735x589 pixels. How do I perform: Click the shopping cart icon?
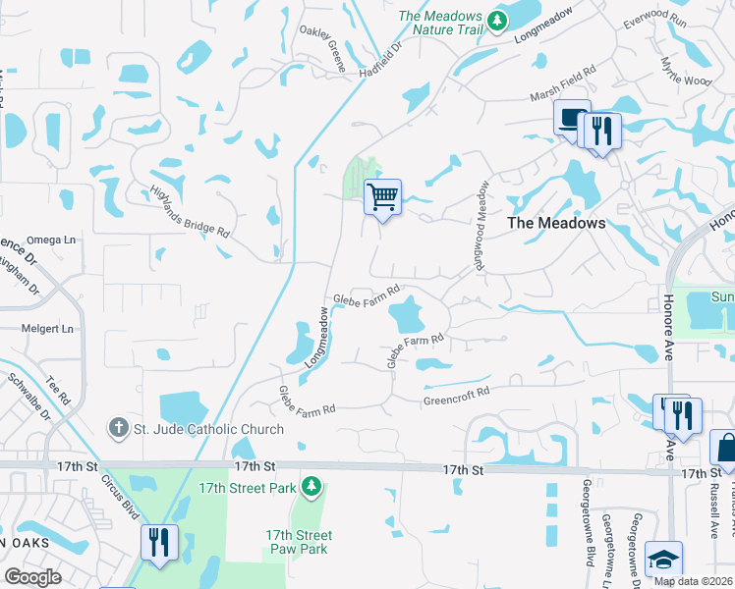pos(382,196)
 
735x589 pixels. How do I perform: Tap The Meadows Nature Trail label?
pos(439,24)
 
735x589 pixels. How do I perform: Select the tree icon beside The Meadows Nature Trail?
pos(498,20)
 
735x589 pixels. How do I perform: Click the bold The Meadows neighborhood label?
pos(556,223)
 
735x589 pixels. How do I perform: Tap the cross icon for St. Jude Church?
pos(118,428)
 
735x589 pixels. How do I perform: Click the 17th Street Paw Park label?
pos(299,542)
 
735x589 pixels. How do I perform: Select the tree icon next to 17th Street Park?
pos(311,486)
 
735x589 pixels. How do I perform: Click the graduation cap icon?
pos(664,560)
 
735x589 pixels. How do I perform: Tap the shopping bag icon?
pos(725,448)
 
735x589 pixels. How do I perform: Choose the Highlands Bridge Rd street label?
pos(190,213)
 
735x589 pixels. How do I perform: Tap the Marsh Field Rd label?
pos(563,83)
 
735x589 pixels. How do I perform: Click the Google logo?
pos(33,577)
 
